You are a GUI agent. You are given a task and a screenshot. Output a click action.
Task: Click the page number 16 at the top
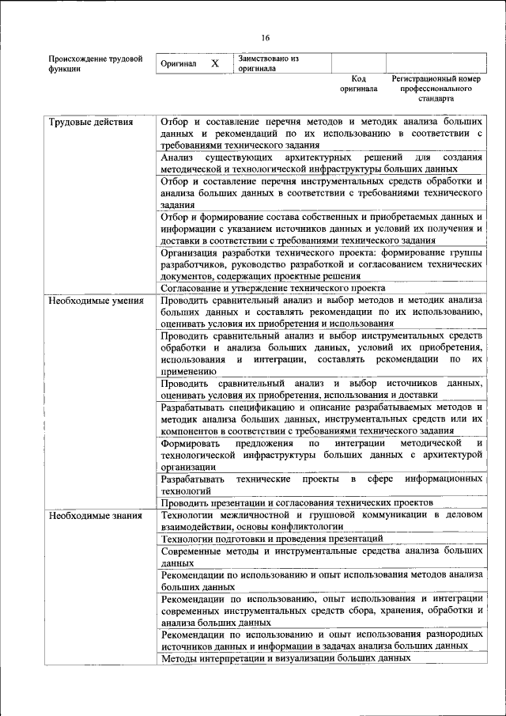point(266,38)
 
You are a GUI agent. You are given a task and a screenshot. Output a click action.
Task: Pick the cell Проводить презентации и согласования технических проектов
point(296,502)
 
